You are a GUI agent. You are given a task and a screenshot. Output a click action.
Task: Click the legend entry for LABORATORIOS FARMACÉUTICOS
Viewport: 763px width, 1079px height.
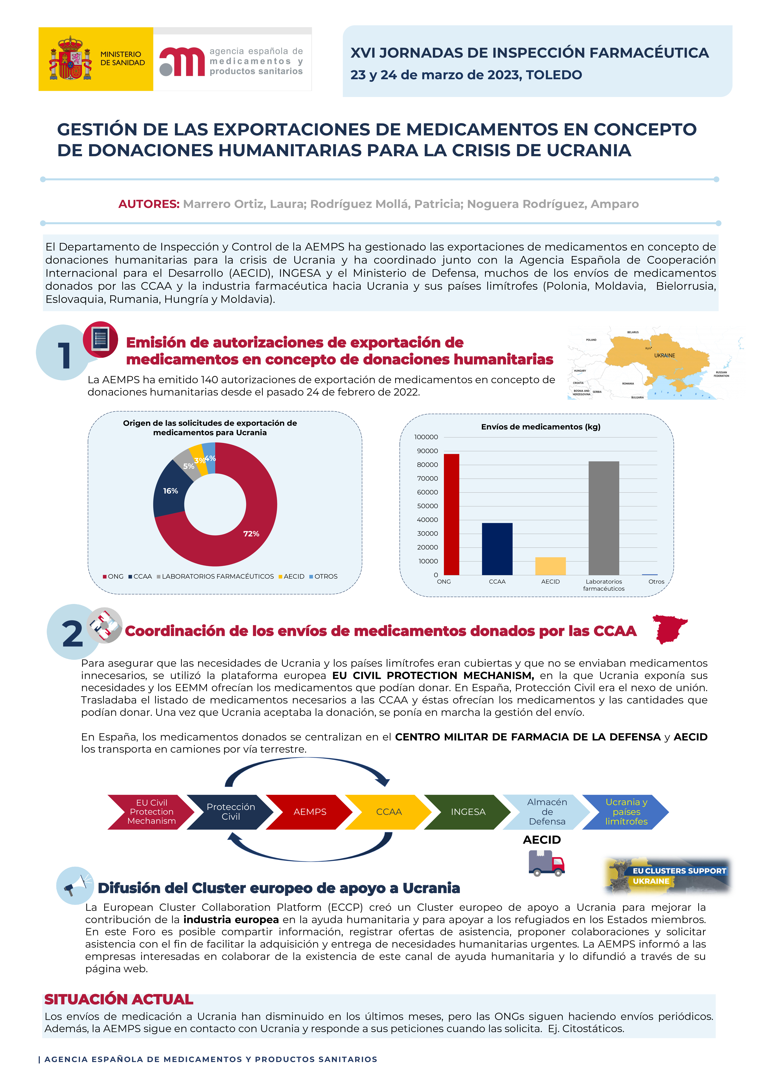(217, 577)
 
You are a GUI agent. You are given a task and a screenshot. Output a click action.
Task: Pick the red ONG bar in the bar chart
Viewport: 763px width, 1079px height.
(451, 515)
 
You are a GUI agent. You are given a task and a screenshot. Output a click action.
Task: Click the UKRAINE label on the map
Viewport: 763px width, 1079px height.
(664, 356)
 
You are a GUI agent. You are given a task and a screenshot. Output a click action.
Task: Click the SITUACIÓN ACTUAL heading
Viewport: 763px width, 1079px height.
(119, 999)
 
